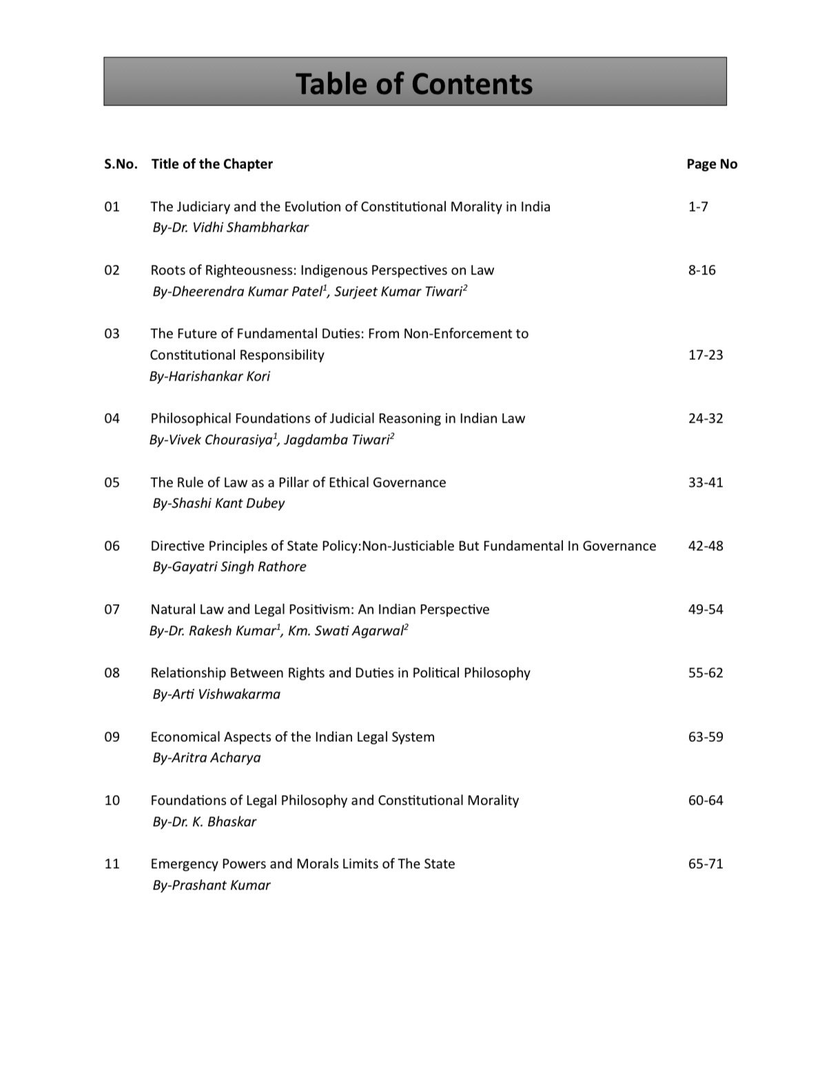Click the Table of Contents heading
pyautogui.click(x=414, y=83)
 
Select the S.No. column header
pyautogui.click(x=121, y=164)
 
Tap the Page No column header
pyautogui.click(x=712, y=164)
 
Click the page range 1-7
pyautogui.click(x=697, y=207)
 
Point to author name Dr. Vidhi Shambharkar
pyautogui.click(x=230, y=228)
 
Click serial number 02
pyautogui.click(x=112, y=270)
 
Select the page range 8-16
pyautogui.click(x=702, y=270)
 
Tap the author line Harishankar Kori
pyautogui.click(x=209, y=376)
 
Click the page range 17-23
pyautogui.click(x=706, y=355)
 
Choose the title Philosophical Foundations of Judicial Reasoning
pyautogui.click(x=338, y=419)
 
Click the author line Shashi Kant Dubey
pyautogui.click(x=218, y=503)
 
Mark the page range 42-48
pyautogui.click(x=706, y=546)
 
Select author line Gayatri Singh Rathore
pyautogui.click(x=229, y=567)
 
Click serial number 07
pyautogui.click(x=112, y=610)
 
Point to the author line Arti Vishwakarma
pyautogui.click(x=216, y=694)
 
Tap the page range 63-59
pyautogui.click(x=706, y=737)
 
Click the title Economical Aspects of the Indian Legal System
pyautogui.click(x=292, y=737)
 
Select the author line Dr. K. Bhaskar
pyautogui.click(x=204, y=822)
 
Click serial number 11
pyautogui.click(x=112, y=864)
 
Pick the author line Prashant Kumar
pyautogui.click(x=212, y=885)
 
